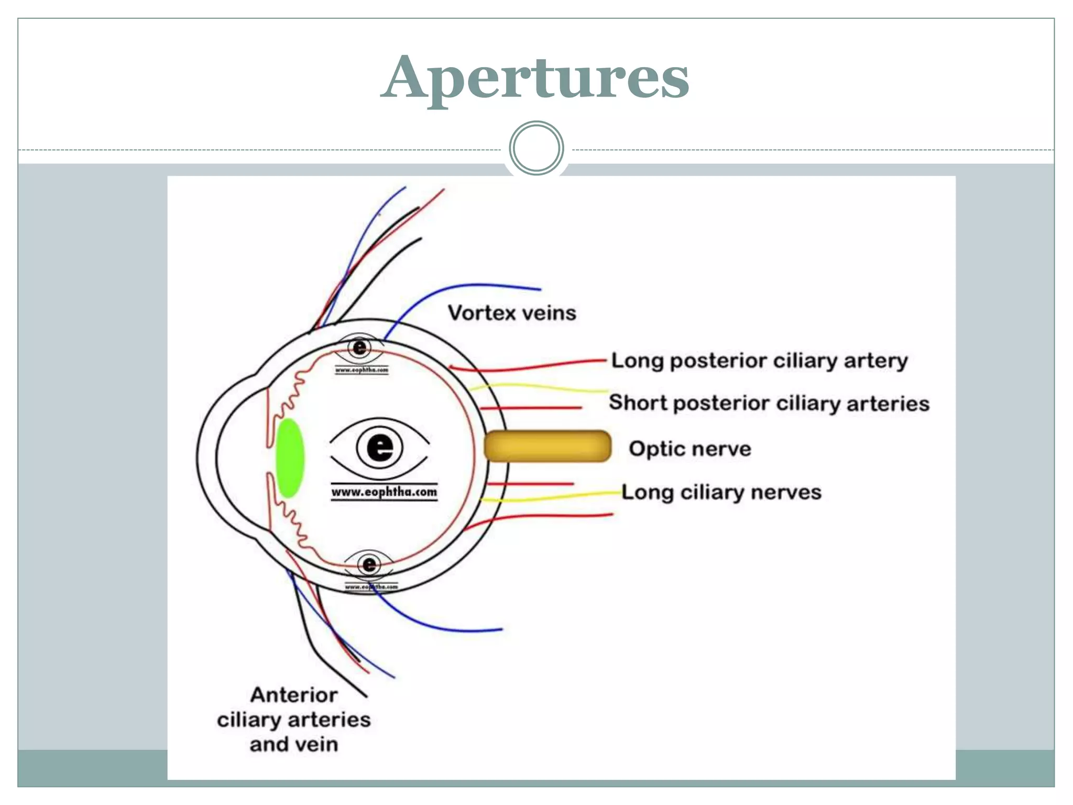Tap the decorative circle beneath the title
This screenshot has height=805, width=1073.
536,148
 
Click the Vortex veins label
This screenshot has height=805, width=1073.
511,313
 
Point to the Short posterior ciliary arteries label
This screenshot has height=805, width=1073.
769,403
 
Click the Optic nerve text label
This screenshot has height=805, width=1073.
689,449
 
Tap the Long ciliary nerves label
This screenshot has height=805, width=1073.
721,492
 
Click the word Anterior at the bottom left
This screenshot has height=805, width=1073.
293,695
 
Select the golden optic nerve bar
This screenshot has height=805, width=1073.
547,446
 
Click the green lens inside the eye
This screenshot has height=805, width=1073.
290,458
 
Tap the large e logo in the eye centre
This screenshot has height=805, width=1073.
380,447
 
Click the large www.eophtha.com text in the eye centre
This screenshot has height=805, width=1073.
384,492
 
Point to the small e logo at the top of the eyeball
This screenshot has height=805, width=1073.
360,347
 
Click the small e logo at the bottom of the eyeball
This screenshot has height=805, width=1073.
369,564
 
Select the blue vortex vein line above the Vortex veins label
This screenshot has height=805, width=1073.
472,286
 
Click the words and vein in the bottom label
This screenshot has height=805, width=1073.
293,744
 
